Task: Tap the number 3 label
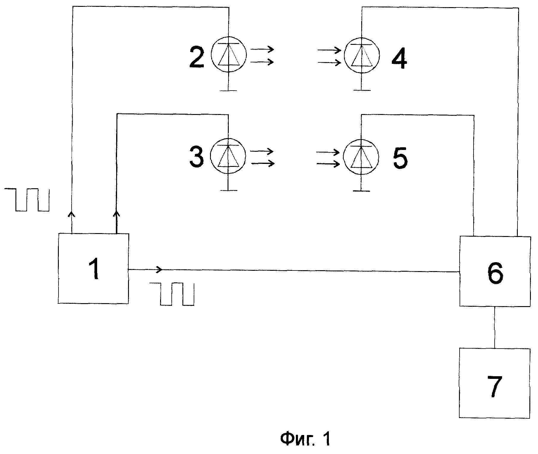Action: click(197, 157)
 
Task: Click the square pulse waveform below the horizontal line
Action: click(172, 294)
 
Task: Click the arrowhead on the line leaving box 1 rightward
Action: click(159, 270)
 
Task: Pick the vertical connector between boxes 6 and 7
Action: click(495, 327)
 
